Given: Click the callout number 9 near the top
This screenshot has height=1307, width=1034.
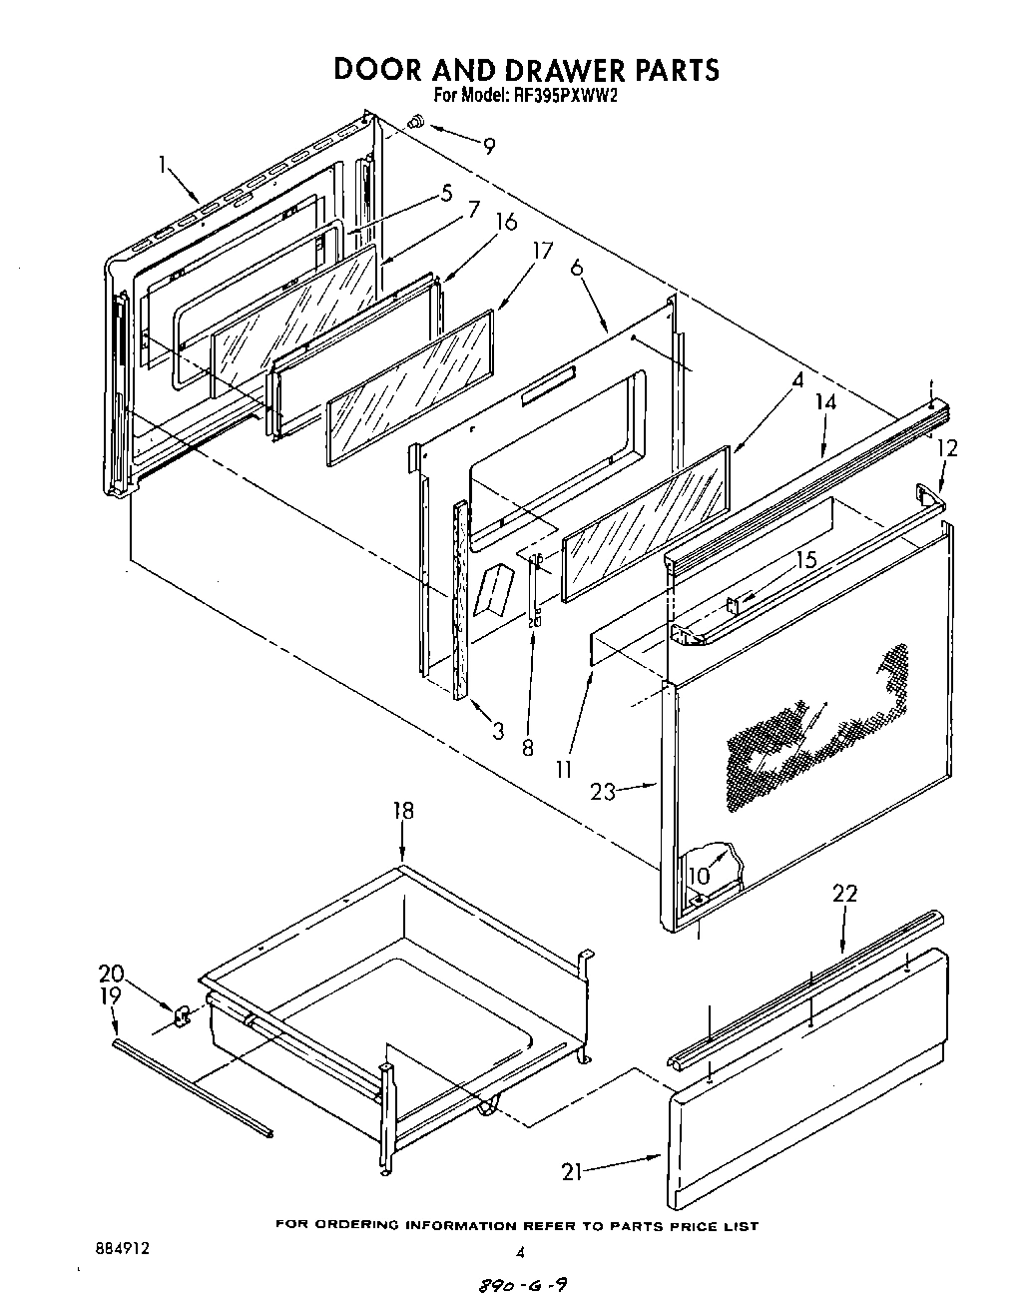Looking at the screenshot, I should tap(488, 146).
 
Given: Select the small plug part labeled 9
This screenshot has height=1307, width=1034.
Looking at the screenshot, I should tap(416, 123).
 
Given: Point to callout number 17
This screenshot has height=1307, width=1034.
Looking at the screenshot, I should tap(542, 251).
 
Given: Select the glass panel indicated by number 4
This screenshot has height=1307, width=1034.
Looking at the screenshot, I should tap(646, 524).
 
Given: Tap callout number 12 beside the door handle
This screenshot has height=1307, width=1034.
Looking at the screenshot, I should tap(946, 448).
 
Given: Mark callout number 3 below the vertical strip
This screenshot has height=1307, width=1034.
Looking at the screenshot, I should tap(498, 731).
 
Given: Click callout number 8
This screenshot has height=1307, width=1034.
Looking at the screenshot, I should tap(528, 746).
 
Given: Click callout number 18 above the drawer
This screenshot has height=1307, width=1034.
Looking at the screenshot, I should tap(402, 811).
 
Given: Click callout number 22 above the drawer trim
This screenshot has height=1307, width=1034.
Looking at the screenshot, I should tap(844, 894).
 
